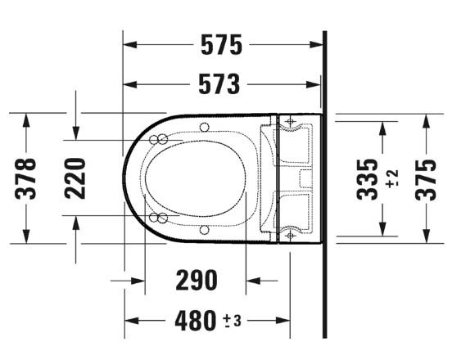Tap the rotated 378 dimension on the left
click(x=28, y=178)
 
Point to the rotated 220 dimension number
click(x=75, y=178)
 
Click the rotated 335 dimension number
click(x=369, y=178)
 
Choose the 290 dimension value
click(x=197, y=280)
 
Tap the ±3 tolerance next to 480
click(x=232, y=321)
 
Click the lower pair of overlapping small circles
click(x=159, y=217)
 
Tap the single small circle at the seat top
click(x=203, y=126)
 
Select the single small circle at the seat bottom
click(x=203, y=230)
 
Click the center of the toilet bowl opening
click(x=194, y=178)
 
